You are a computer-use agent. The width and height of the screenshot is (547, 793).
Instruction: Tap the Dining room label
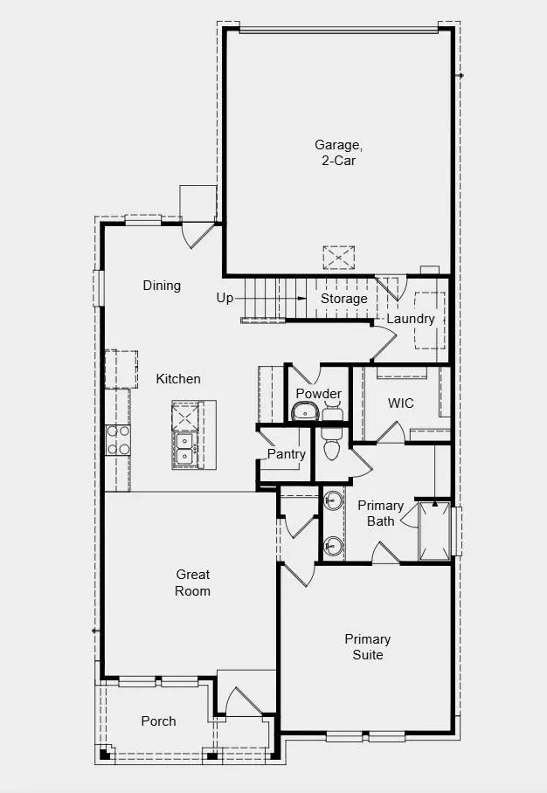click(x=162, y=286)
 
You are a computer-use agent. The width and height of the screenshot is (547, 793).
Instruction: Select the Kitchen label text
click(x=178, y=379)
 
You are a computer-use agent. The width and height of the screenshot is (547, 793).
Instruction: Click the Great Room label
click(x=192, y=583)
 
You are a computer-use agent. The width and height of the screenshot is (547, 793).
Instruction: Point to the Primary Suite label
click(x=367, y=647)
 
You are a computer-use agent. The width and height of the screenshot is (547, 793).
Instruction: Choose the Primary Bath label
click(x=380, y=514)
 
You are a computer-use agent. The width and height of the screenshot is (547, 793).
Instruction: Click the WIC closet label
click(x=401, y=403)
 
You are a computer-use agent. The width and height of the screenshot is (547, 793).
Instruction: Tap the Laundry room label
click(x=411, y=319)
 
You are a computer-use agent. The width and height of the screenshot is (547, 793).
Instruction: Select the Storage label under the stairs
click(x=343, y=299)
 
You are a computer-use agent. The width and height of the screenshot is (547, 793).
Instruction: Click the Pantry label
click(x=287, y=454)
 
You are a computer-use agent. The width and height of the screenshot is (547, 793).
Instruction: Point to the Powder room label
click(x=318, y=394)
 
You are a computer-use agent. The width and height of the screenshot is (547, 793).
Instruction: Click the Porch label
click(x=158, y=721)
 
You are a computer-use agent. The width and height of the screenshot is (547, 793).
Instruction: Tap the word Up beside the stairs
click(x=225, y=299)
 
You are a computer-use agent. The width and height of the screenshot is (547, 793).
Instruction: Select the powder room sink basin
click(x=306, y=413)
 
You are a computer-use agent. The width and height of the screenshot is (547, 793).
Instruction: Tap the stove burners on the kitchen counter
click(x=117, y=440)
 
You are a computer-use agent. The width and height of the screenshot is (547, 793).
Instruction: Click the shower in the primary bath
click(x=435, y=530)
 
